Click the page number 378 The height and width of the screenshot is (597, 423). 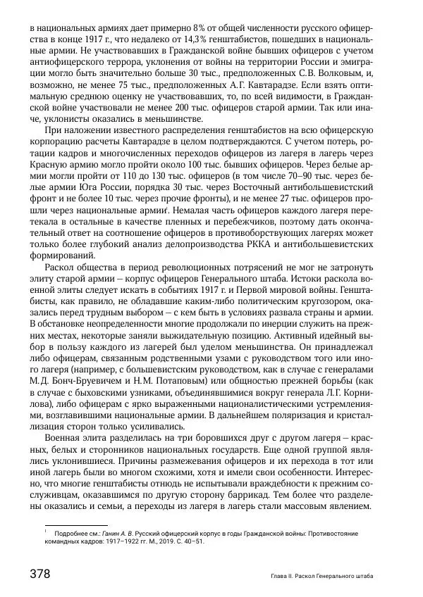(x=38, y=574)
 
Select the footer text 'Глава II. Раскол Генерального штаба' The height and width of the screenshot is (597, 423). (x=321, y=577)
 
